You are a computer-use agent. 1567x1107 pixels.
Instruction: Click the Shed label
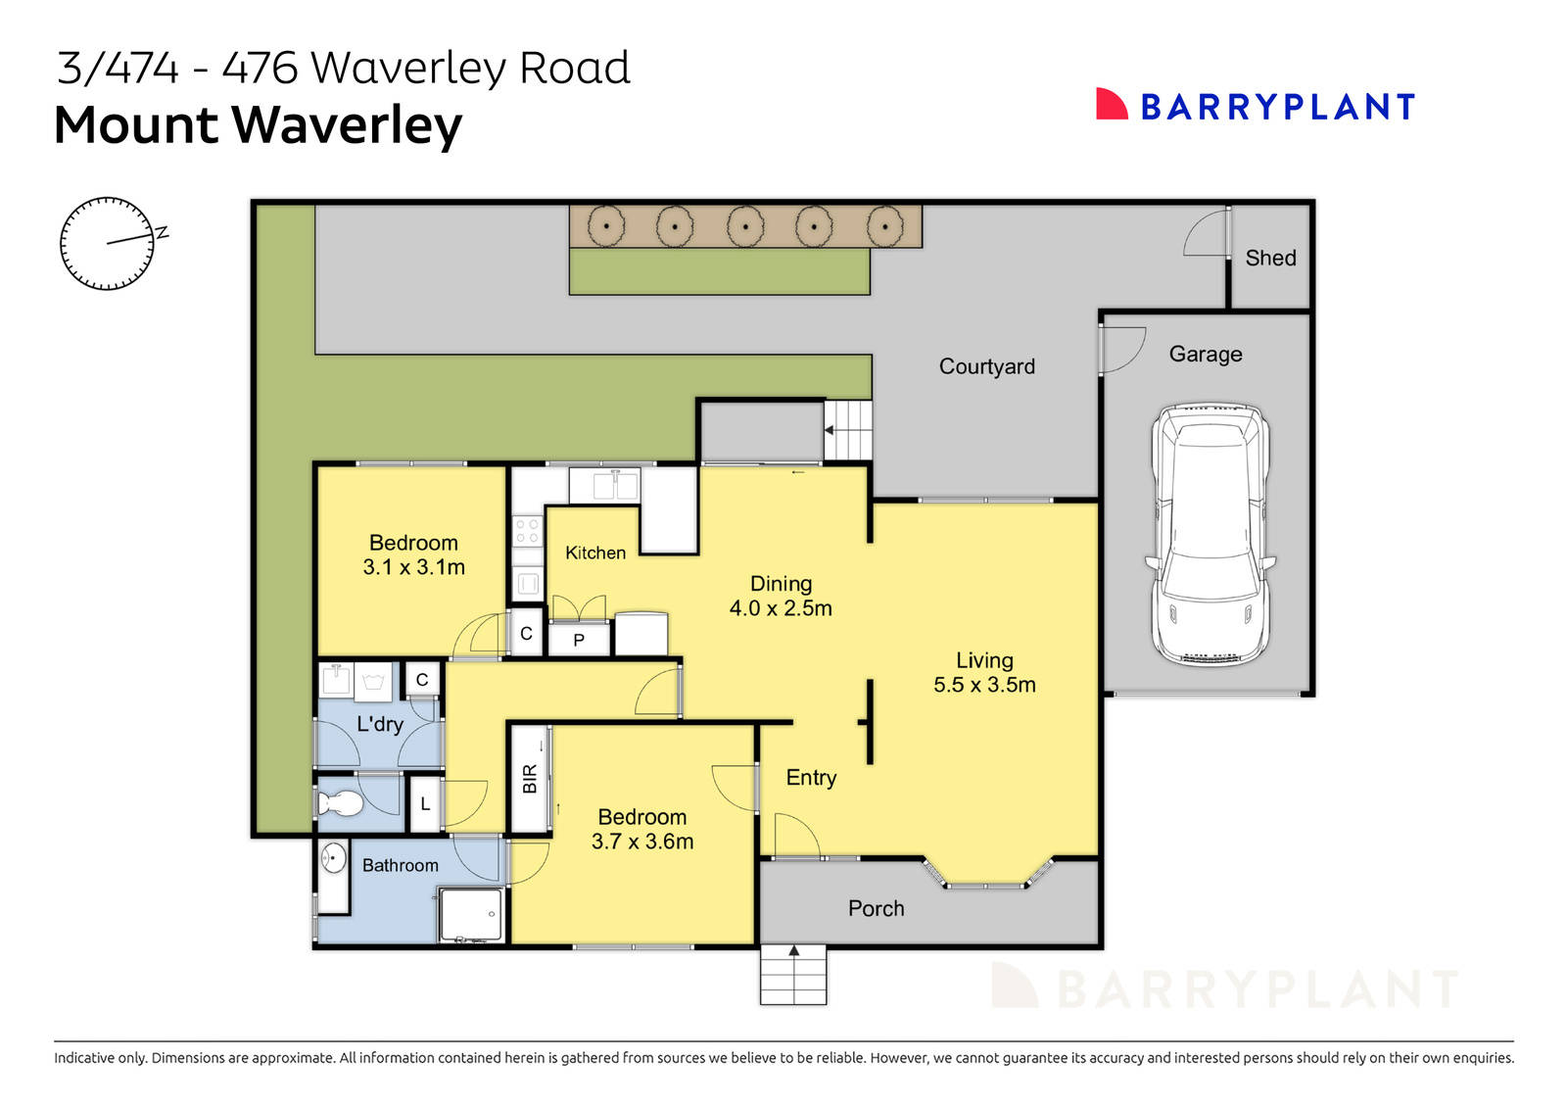coord(1270,258)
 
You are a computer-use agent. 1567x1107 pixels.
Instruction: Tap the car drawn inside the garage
coord(1211,534)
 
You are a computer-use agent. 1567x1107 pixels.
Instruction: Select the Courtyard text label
coord(986,366)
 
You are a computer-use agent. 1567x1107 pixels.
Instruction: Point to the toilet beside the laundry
coord(340,804)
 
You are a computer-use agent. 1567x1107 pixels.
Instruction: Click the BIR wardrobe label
coord(530,778)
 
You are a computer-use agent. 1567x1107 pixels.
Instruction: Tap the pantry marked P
coord(579,640)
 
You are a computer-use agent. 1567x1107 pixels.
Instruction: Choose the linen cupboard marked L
coord(425,804)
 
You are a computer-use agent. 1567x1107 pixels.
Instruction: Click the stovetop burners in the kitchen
coord(527,531)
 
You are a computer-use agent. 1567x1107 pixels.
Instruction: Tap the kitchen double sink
coord(605,484)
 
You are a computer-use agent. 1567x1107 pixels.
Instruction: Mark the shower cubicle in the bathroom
coord(471,914)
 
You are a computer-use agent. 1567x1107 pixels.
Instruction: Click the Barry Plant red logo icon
coord(1112,105)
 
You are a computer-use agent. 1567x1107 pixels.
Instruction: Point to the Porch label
coord(876,908)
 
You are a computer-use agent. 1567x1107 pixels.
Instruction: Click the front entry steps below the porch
coord(793,976)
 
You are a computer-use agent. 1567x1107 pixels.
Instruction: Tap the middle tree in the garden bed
coord(745,226)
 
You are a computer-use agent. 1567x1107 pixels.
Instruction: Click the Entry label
coord(811,778)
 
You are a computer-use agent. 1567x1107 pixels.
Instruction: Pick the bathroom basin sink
coord(334,858)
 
